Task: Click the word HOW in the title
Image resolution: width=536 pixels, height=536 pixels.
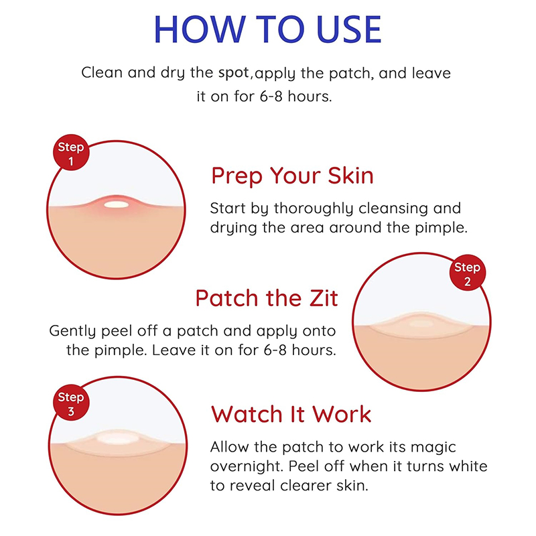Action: point(200,29)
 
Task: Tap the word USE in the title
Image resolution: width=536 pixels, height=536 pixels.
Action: point(348,29)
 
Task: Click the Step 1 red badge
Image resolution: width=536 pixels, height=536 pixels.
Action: point(71,153)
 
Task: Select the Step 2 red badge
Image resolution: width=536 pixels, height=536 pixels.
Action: point(467,273)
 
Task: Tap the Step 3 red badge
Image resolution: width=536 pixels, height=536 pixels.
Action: point(71,403)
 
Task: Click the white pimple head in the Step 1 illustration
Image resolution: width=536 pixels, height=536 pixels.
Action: point(117,205)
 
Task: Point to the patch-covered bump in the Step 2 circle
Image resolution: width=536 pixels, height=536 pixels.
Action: point(421,324)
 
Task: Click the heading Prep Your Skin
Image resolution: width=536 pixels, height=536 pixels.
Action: point(292,176)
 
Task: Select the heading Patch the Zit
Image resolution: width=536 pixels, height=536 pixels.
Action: point(267,298)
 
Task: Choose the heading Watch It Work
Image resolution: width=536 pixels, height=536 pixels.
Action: point(291,414)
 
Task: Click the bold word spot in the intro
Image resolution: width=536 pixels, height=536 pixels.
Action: point(234,73)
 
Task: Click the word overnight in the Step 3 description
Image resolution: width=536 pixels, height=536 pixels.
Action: point(247,467)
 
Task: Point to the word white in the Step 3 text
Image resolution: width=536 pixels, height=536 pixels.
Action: point(468,466)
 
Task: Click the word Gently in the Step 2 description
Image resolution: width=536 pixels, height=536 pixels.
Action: point(72,332)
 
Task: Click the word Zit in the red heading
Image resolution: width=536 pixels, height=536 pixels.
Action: point(324,298)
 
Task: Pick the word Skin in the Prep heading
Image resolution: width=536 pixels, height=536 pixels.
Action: point(350,176)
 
